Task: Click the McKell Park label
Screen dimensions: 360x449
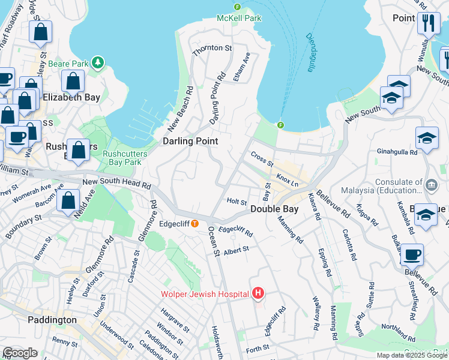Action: tap(240, 18)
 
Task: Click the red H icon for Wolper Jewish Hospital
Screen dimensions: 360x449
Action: tap(258, 293)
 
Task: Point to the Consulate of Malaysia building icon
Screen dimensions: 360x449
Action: tap(431, 182)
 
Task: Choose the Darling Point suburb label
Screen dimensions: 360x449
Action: tap(190, 141)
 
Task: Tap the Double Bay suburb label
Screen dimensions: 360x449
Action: tap(274, 209)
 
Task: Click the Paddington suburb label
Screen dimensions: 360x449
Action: tap(52, 320)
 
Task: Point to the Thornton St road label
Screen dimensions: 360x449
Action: tap(212, 48)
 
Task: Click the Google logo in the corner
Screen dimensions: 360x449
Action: tap(20, 353)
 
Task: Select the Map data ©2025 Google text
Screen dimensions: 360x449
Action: tap(412, 355)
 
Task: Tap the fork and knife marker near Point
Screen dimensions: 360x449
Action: tap(429, 24)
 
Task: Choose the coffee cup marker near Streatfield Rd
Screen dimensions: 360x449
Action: tap(412, 254)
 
